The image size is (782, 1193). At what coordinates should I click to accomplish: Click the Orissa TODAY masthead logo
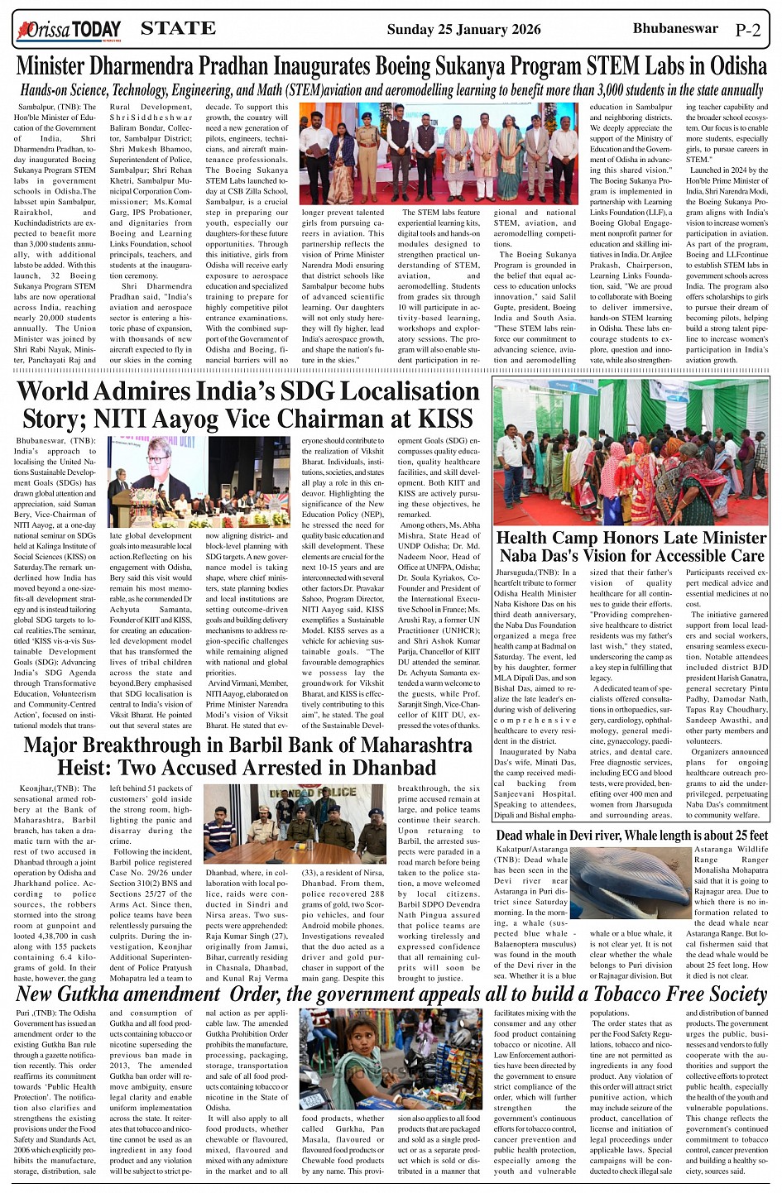tap(68, 31)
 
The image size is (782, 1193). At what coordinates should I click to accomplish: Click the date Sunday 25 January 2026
tap(463, 30)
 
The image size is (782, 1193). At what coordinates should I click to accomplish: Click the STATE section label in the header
tap(178, 29)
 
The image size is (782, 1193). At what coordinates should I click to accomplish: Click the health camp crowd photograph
tap(631, 451)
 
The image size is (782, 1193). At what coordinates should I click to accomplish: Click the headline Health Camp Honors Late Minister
tap(631, 538)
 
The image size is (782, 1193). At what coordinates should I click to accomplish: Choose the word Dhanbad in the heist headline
tap(388, 767)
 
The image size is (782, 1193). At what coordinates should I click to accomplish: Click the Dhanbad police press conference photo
tap(294, 825)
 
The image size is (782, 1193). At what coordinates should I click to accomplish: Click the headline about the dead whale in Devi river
tap(631, 836)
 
